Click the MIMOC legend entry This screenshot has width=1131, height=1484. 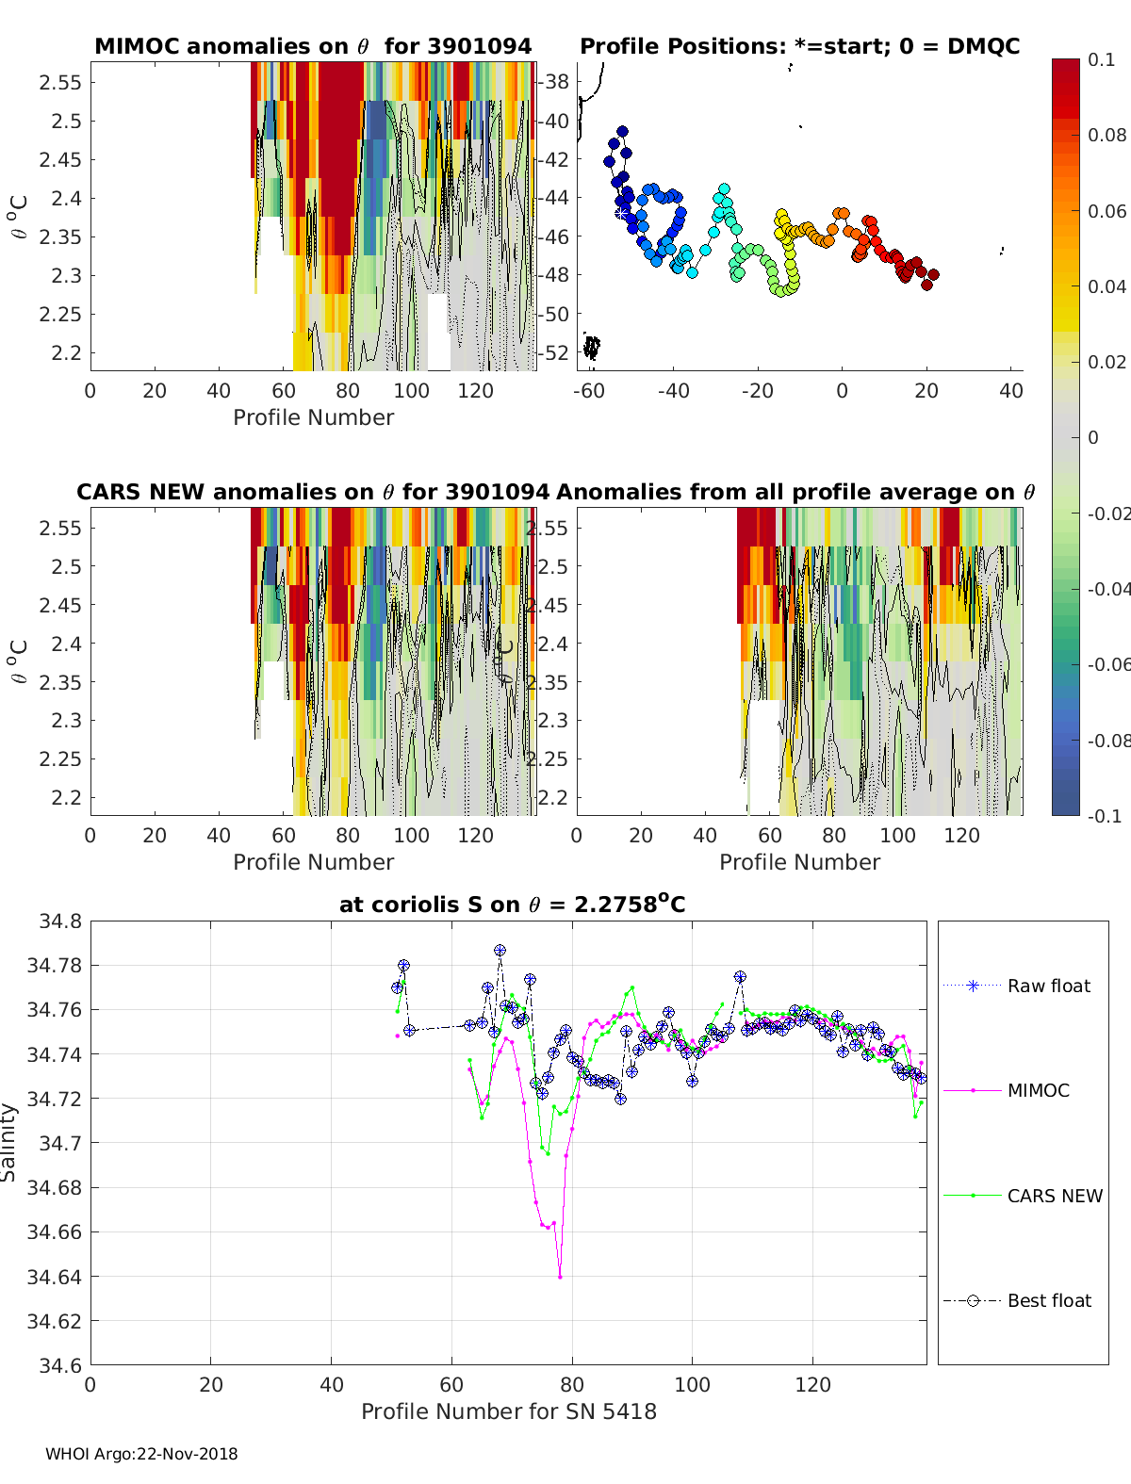[1038, 1090]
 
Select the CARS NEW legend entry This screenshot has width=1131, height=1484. [1054, 1196]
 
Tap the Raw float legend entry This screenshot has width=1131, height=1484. [1048, 986]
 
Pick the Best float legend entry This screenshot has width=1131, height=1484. [1048, 1300]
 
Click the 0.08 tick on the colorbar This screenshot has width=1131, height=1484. [1107, 135]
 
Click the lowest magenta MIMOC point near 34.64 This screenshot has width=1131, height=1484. [560, 1277]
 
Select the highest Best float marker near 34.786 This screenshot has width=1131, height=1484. [500, 951]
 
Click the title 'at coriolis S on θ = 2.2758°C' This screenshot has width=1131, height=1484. [512, 905]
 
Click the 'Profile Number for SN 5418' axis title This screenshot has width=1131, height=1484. [509, 1411]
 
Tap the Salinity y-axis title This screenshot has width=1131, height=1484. [9, 1142]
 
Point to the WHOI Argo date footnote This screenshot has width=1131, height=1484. [141, 1454]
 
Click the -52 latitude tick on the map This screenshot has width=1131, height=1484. [557, 352]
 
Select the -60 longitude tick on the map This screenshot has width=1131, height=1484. [589, 390]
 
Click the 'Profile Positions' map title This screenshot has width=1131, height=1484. [799, 46]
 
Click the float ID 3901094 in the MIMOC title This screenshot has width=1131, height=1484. [479, 46]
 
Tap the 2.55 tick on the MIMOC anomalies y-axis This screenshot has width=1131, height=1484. [59, 82]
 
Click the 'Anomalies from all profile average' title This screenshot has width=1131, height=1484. [795, 492]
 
